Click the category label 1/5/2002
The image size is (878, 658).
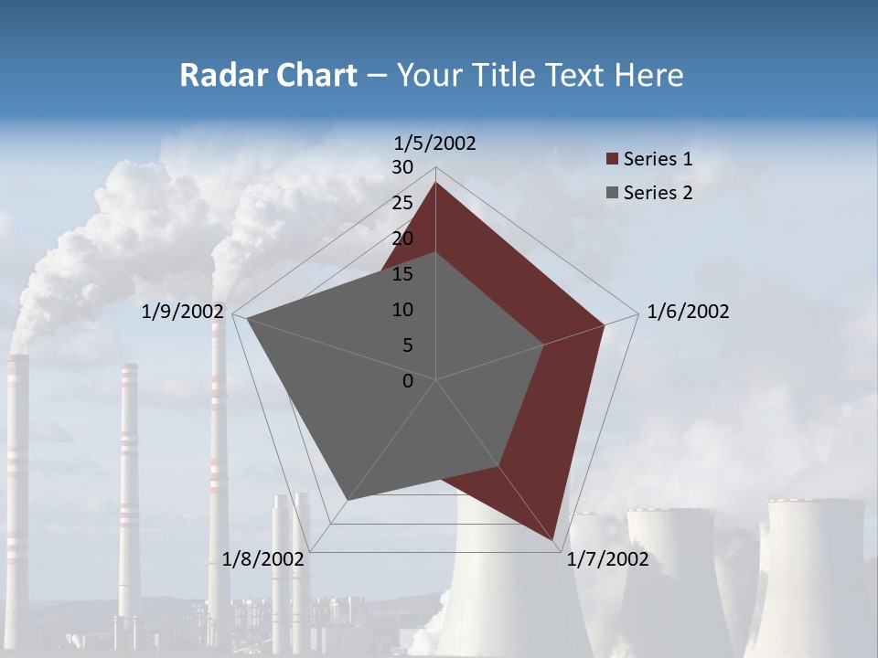435,143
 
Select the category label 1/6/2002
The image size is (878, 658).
688,312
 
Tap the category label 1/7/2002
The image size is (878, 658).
607,559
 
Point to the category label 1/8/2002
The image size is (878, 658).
263,559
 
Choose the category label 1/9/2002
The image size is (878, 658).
183,312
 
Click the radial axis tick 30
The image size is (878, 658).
402,167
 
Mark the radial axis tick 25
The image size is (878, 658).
402,203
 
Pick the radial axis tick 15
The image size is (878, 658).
402,274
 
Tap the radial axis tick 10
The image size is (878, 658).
402,310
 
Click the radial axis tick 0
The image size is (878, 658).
408,381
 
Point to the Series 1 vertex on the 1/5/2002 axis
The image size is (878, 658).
435,182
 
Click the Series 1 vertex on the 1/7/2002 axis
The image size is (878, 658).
555,541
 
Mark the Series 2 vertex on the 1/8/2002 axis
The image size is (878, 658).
347,500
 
